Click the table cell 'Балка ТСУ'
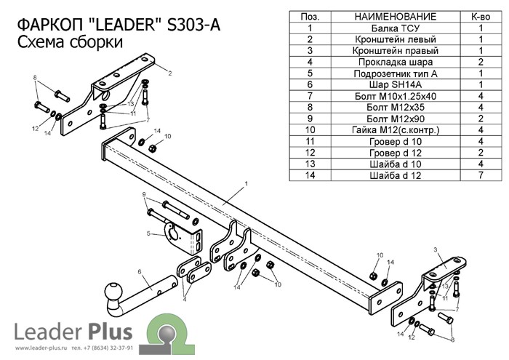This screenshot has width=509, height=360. pyautogui.click(x=385, y=28)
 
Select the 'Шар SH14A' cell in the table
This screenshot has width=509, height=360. pyautogui.click(x=385, y=84)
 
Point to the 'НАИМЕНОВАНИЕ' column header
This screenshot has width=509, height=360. pyautogui.click(x=385, y=16)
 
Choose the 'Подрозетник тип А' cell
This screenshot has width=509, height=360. pyautogui.click(x=385, y=73)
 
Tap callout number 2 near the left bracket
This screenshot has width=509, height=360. pyautogui.click(x=169, y=73)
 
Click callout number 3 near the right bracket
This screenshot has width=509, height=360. pyautogui.click(x=435, y=250)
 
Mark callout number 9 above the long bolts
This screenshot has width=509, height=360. pyautogui.click(x=144, y=194)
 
